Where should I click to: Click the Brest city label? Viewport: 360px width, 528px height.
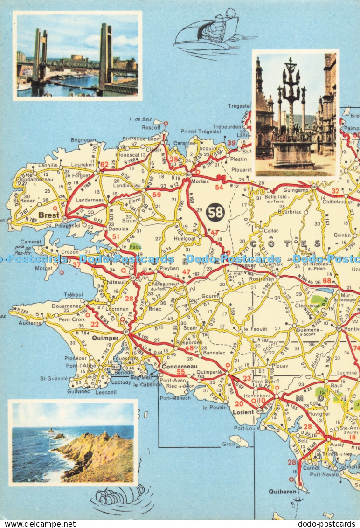[x=48, y=215]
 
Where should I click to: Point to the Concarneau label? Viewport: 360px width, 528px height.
[x=180, y=367]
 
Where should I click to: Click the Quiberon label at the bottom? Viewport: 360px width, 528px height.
[x=282, y=492]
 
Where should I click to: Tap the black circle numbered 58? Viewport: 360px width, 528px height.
[x=215, y=212]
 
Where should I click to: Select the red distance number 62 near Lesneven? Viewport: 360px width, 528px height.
[x=104, y=164]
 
